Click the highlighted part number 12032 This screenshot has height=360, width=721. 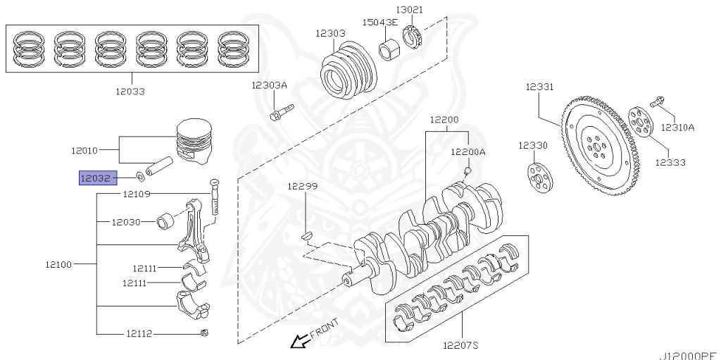click(94, 178)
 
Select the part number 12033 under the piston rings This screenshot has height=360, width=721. click(131, 91)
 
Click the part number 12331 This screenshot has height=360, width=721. click(539, 87)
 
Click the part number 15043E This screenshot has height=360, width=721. click(379, 23)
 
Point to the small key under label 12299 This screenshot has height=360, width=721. click(306, 235)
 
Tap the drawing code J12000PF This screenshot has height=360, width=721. click(688, 355)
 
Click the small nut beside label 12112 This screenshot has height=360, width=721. click(203, 333)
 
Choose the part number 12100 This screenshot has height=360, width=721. click(59, 264)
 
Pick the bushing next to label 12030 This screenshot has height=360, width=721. click(167, 222)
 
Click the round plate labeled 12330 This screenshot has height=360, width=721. click(539, 177)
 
